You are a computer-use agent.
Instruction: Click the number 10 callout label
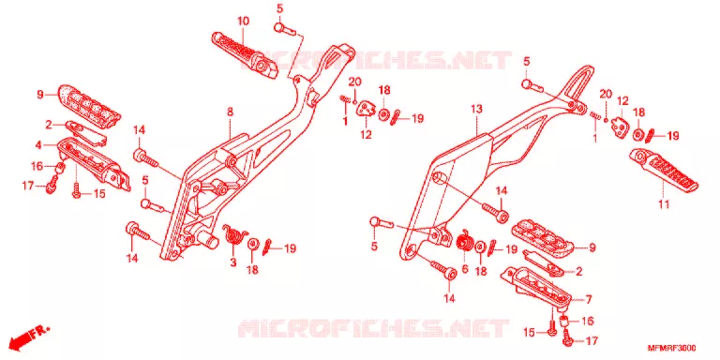243,22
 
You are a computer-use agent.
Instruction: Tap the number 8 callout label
230,112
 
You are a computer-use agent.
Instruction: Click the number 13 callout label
476,110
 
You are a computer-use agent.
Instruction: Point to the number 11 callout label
664,204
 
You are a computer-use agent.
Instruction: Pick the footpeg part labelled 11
664,169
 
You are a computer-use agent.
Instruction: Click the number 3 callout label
232,262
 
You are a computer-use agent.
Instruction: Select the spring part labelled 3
234,234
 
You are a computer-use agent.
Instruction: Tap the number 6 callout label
465,269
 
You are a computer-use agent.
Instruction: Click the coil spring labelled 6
464,241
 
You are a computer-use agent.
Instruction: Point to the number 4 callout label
39,145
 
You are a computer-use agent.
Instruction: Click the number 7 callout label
588,300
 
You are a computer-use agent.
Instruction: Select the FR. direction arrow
28,337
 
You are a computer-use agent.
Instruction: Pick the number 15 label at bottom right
530,333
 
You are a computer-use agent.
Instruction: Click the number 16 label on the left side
37,166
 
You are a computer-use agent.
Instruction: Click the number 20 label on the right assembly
607,94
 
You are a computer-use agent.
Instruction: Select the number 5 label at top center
280,8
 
